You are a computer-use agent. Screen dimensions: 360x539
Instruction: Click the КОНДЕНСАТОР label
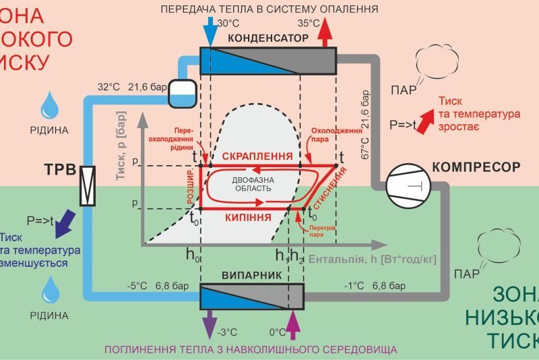click(x=268, y=38)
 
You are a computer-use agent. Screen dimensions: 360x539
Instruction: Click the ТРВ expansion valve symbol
click(x=88, y=185)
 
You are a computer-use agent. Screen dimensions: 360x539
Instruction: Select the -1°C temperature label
click(x=355, y=287)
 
